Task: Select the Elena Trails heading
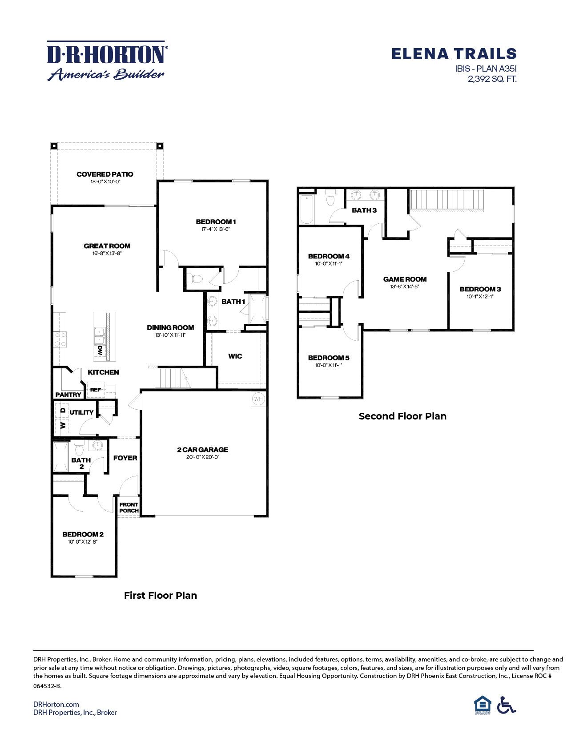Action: (x=454, y=54)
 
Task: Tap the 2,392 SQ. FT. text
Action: (x=492, y=79)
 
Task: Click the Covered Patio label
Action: (x=105, y=174)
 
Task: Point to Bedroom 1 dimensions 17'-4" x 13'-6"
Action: (x=215, y=230)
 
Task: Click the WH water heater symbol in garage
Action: (x=258, y=399)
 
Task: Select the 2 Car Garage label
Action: (x=202, y=449)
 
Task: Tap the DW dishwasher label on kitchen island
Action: (x=100, y=350)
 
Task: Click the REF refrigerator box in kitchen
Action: (x=96, y=390)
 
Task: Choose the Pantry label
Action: (x=68, y=395)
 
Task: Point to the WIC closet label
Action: (x=235, y=356)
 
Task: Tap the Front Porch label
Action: (x=129, y=507)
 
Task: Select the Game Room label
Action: (x=405, y=279)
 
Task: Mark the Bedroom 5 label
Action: (x=328, y=358)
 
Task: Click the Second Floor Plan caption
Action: (x=402, y=416)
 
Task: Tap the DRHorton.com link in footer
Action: (x=56, y=704)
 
